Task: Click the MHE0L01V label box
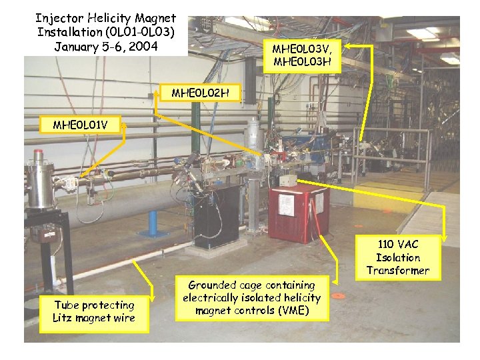(79, 125)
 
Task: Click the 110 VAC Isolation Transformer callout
(398, 257)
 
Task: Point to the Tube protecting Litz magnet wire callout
(94, 311)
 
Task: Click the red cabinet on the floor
(298, 211)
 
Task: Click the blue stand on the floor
(153, 223)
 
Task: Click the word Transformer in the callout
(398, 270)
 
